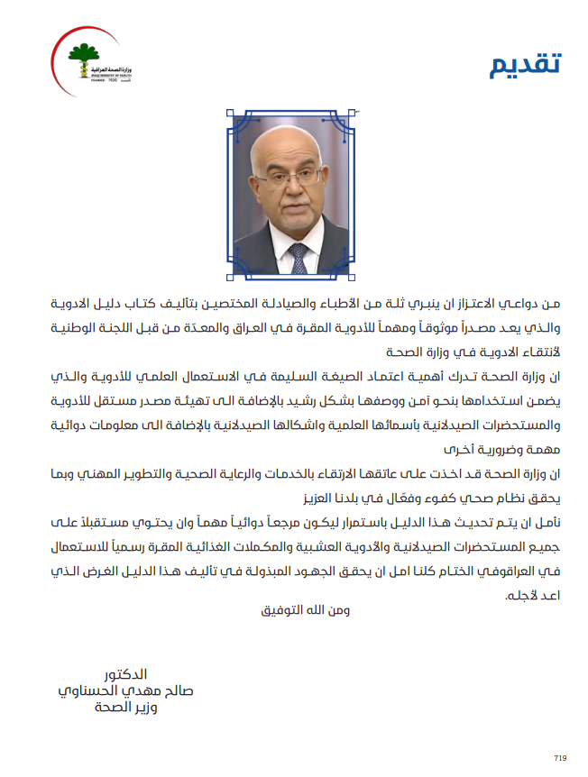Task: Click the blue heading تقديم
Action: (525, 65)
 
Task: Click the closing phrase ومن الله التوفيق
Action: (298, 609)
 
